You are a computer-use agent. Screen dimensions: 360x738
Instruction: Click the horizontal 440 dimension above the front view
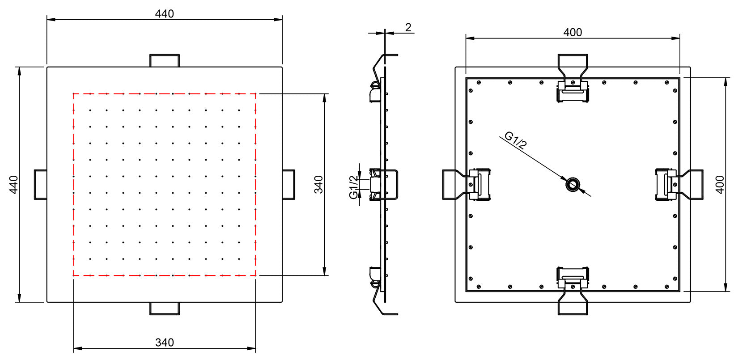(x=164, y=14)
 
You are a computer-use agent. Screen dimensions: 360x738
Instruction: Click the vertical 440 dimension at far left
(x=14, y=184)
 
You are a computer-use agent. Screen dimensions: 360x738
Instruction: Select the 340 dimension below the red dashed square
(x=164, y=343)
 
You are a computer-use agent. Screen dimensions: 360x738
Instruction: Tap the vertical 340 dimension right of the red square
(x=318, y=184)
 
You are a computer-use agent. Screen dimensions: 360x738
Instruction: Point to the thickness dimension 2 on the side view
(x=408, y=27)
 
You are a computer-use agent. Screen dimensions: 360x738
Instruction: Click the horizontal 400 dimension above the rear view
(x=573, y=32)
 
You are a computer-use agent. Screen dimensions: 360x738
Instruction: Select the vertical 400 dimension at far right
(x=720, y=184)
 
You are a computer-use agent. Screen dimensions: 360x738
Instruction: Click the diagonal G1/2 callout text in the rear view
(x=515, y=140)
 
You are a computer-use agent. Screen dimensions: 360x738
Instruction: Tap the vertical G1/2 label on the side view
(x=353, y=187)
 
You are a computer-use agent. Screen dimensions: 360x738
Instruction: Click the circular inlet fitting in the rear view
(x=572, y=184)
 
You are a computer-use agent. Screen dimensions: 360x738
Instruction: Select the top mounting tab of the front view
(x=164, y=60)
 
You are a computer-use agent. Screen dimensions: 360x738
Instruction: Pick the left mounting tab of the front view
(x=41, y=184)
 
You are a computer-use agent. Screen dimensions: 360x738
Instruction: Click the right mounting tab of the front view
(x=288, y=184)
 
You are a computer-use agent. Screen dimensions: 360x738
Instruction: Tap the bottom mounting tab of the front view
(x=164, y=308)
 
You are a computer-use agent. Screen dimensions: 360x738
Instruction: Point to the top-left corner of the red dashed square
(x=74, y=93)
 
